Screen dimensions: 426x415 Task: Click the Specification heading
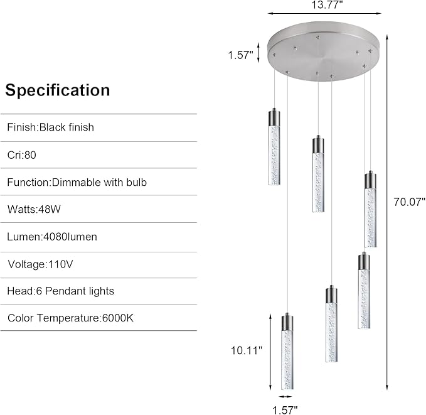tap(58, 90)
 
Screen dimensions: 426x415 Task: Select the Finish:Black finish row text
tap(51, 127)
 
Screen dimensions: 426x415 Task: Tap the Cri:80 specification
tap(22, 155)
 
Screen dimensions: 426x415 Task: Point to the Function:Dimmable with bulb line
tap(77, 182)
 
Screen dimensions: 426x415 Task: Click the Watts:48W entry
tap(34, 210)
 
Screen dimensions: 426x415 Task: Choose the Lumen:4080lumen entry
tap(52, 237)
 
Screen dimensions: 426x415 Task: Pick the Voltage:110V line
tap(40, 264)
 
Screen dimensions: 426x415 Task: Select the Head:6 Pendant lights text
tap(61, 291)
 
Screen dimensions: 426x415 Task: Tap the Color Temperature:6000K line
tap(70, 318)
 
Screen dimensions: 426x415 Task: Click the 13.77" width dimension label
tap(327, 4)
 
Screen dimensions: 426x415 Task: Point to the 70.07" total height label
tap(410, 202)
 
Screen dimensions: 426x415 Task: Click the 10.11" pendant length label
tap(247, 350)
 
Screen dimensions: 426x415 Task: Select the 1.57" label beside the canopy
tap(240, 55)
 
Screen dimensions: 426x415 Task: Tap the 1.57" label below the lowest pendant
tap(285, 410)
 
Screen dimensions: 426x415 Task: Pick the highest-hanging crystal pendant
tap(274, 146)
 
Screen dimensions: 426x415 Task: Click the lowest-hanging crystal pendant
tap(287, 352)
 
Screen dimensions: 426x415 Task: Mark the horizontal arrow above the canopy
tap(324, 13)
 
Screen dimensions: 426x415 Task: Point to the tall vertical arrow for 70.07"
tap(387, 213)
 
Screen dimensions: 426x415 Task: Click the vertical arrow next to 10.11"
tap(270, 352)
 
